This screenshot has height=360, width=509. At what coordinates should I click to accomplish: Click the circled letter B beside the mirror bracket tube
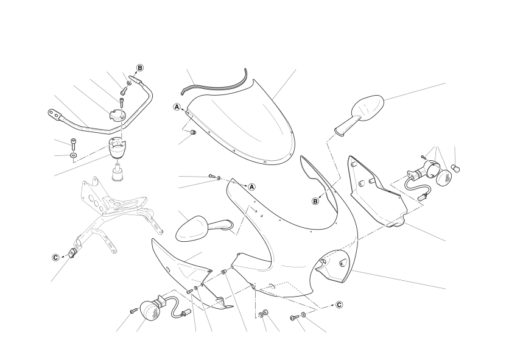tap(140, 68)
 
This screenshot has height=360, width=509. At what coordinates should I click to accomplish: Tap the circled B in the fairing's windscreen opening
tap(315, 202)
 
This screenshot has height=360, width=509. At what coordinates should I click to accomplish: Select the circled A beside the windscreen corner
tap(177, 107)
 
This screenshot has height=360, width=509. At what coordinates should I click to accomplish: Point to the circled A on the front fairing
tap(252, 187)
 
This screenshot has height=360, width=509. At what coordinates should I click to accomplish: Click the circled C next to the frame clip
tap(56, 258)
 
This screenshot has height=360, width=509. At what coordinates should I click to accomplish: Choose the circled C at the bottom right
tap(339, 305)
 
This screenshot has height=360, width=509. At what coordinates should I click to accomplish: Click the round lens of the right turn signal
tap(444, 177)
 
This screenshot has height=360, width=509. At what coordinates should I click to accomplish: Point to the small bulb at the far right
tap(457, 169)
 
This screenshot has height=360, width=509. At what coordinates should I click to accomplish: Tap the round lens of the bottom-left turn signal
tap(150, 311)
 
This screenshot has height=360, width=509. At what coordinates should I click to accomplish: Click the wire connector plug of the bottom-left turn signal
tap(184, 314)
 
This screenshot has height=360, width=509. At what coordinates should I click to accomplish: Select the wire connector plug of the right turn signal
tap(423, 196)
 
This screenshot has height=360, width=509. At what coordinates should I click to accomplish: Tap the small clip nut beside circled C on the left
tap(72, 252)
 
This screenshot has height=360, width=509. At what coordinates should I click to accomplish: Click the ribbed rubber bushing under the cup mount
tap(118, 174)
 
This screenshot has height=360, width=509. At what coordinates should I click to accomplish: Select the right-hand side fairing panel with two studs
tap(376, 192)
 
